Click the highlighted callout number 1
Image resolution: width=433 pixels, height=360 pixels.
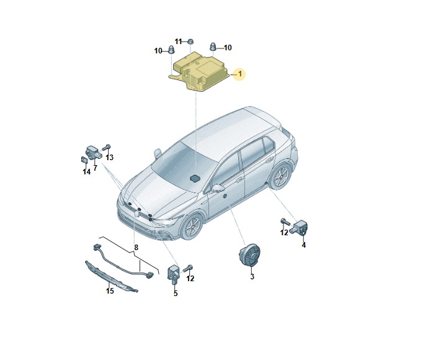240,74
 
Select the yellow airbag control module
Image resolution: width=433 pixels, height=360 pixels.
199,71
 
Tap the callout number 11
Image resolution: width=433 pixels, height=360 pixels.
179,42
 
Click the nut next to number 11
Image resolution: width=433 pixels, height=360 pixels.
190,42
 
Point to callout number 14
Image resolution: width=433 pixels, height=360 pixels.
86,172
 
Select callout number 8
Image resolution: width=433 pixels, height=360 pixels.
136,248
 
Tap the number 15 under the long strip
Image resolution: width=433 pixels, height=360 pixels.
110,291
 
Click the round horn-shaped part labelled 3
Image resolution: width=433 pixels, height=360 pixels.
249,255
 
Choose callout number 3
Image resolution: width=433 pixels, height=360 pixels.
252,276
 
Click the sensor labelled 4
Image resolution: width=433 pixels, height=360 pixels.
299,227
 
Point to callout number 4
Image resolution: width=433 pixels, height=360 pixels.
304,245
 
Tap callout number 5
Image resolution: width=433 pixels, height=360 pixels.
176,294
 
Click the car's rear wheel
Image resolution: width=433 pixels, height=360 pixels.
280,176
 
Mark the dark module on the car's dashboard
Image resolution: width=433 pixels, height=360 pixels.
195,178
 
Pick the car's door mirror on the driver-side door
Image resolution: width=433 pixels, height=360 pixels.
218,189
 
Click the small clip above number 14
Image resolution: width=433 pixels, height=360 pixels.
84,160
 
